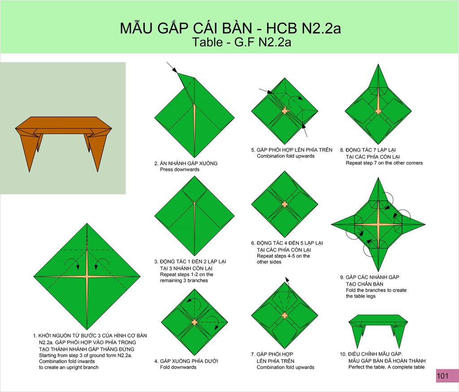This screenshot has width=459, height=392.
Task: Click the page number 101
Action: pos(442,375)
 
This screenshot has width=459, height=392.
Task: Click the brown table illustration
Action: pos(63,138)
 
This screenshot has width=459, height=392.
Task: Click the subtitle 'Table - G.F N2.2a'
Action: pos(242,42)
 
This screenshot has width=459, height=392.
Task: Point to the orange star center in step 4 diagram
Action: pos(195,322)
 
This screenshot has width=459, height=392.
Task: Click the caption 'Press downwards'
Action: pos(179,170)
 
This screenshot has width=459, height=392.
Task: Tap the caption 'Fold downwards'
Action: pos(178,367)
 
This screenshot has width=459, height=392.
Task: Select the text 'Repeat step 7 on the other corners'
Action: pos(384,163)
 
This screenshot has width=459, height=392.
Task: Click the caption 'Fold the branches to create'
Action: pos(376,290)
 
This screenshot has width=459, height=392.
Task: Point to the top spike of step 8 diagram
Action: pos(378,65)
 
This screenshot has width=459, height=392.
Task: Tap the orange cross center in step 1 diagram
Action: pos(87,276)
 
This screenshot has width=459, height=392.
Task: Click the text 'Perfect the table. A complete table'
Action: pos(386,367)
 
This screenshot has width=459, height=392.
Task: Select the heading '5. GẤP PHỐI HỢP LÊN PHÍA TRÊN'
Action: pos(291,150)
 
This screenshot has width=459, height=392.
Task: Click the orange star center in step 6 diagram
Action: pos(285,204)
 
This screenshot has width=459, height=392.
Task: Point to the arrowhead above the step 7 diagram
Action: pos(287,279)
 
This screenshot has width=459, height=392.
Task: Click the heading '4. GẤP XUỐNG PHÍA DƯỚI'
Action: pos(186,361)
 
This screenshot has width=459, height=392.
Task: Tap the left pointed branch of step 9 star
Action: pos(343,225)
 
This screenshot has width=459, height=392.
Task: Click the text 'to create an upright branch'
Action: pos(69,367)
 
